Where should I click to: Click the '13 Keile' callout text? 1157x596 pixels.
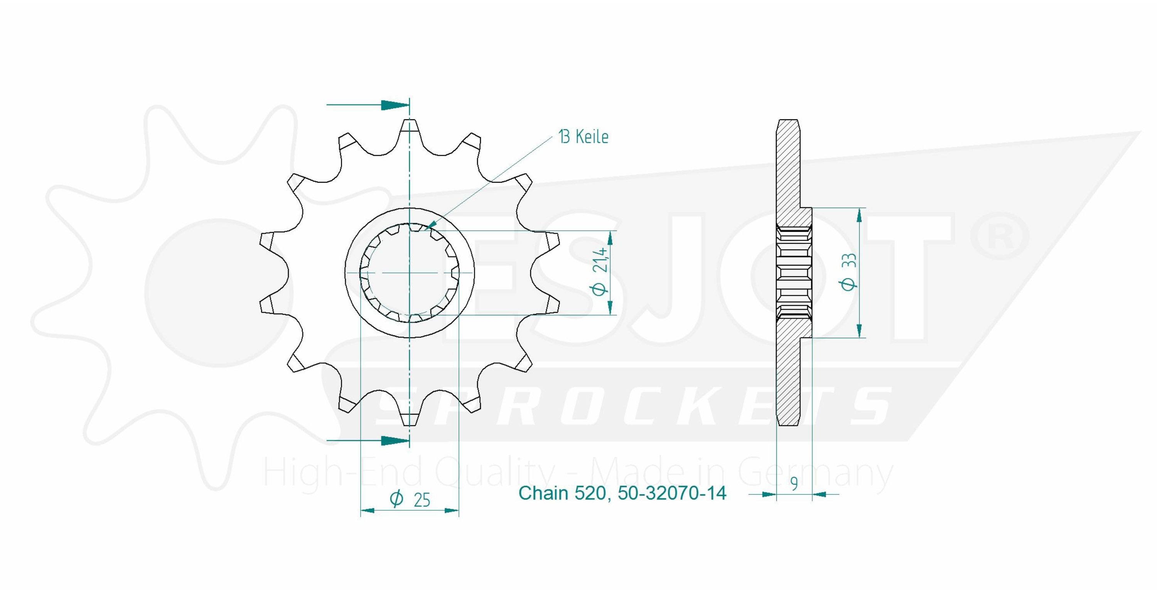coord(584,137)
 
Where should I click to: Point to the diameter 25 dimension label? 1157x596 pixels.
coord(410,499)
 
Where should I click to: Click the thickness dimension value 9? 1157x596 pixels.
coord(794,484)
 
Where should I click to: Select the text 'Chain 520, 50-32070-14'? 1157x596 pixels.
coord(622,493)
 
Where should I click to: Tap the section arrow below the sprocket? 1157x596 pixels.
coord(368,440)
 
